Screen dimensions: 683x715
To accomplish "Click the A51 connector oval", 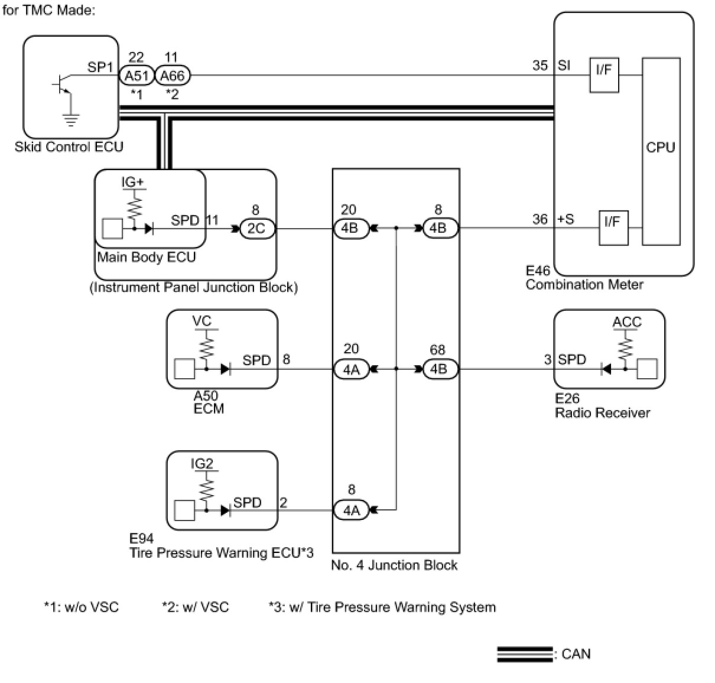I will pyautogui.click(x=136, y=76).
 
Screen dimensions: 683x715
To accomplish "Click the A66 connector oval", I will pyautogui.click(x=173, y=76).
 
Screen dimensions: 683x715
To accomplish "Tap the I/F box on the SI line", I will pyautogui.click(x=604, y=75).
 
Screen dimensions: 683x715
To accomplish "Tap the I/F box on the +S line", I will pyautogui.click(x=613, y=227).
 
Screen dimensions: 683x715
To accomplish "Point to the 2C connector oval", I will pyautogui.click(x=257, y=228).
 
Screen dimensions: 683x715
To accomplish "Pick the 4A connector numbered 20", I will pyautogui.click(x=352, y=369).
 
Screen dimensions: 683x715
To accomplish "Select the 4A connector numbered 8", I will pyautogui.click(x=352, y=509).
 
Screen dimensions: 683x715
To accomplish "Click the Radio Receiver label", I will pyautogui.click(x=602, y=413).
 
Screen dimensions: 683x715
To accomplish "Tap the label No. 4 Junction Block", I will pyautogui.click(x=394, y=565).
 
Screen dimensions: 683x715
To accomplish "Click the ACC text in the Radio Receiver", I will pyautogui.click(x=626, y=322).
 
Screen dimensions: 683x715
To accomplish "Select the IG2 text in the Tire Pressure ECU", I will pyautogui.click(x=201, y=464).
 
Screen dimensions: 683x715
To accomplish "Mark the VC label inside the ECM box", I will pyautogui.click(x=201, y=321).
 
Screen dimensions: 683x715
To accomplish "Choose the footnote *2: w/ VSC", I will pyautogui.click(x=195, y=607).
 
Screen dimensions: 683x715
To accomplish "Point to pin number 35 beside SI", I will pyautogui.click(x=540, y=65).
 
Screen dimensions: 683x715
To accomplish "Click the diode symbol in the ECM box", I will pyautogui.click(x=225, y=369).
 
